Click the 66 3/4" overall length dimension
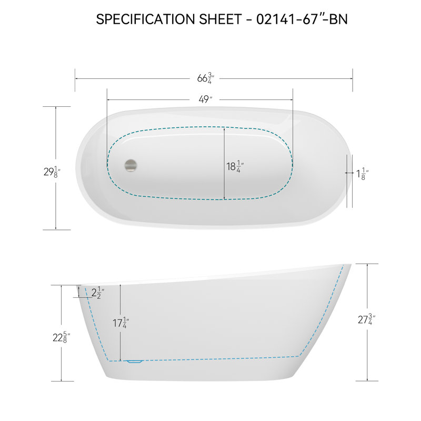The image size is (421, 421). (x=206, y=78)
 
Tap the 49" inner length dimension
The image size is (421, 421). (x=205, y=99)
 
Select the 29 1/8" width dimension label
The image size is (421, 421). (x=52, y=172)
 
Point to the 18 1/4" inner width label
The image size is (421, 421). (x=235, y=166)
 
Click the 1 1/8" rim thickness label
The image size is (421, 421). (x=362, y=174)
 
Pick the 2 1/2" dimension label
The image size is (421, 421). (x=98, y=293)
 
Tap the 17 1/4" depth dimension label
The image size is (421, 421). (x=121, y=323)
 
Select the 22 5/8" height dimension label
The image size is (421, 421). (x=62, y=337)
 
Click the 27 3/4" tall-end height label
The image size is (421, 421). (x=366, y=319)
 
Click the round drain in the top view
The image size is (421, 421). (x=131, y=165)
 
